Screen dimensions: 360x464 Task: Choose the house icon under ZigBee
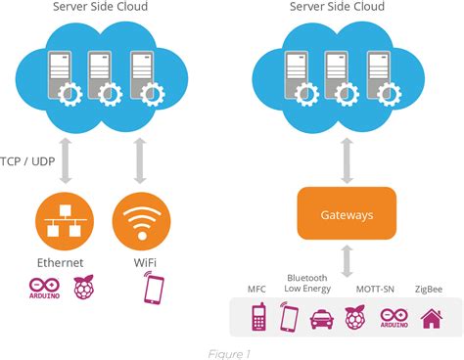click(428, 318)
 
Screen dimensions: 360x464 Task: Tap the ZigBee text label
click(428, 290)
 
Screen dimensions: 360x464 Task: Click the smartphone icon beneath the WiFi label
click(154, 290)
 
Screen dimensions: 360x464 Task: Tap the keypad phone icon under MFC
click(259, 318)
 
